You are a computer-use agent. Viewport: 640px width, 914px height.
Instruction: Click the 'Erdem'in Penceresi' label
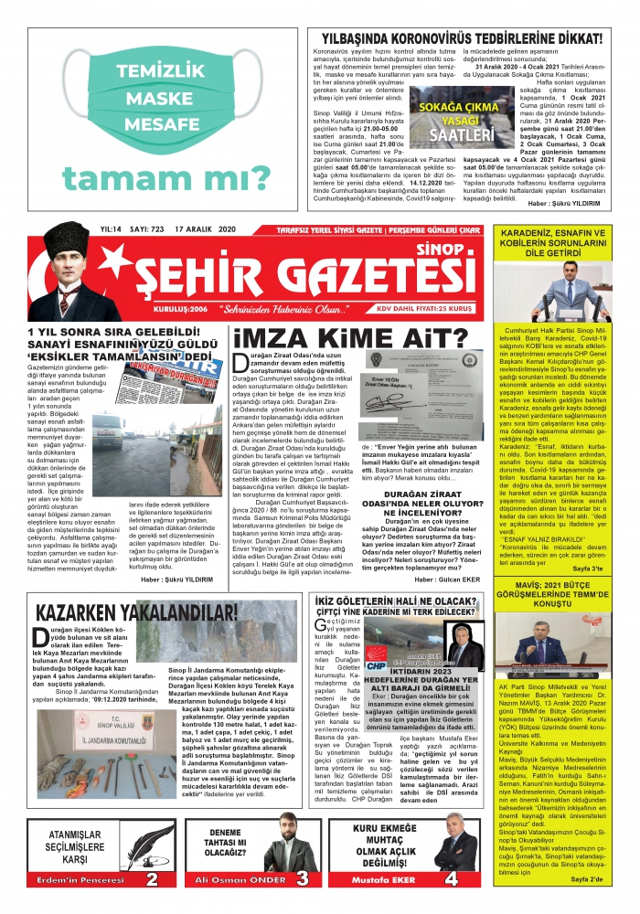[x=80, y=885]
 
